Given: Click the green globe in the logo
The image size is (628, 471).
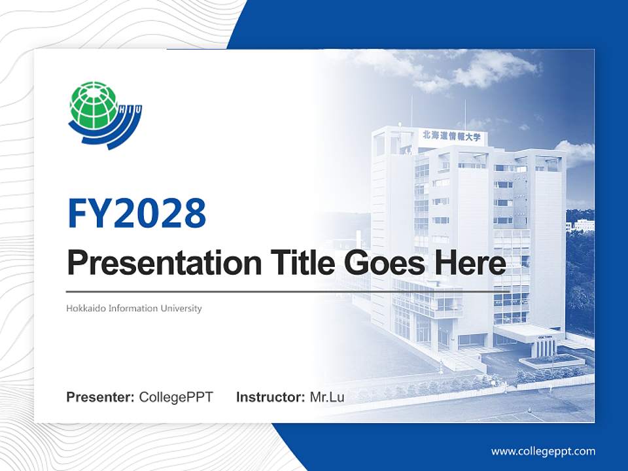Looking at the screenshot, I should (93, 105).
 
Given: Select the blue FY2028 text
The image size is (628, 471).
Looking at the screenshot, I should (137, 213).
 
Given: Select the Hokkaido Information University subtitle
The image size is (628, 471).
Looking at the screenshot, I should (134, 308).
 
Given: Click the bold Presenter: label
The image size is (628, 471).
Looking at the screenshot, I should (101, 397).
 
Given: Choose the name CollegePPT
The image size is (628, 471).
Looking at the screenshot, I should (176, 397).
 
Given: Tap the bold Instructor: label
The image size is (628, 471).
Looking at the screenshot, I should (270, 397).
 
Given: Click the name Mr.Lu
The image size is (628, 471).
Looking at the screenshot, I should (327, 397).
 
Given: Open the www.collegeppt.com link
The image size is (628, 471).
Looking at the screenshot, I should (543, 451).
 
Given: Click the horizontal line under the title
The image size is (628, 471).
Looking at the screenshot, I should (281, 292).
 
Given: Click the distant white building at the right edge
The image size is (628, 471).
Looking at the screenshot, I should (582, 226).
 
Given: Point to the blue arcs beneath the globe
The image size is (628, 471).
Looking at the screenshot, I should (108, 134).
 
